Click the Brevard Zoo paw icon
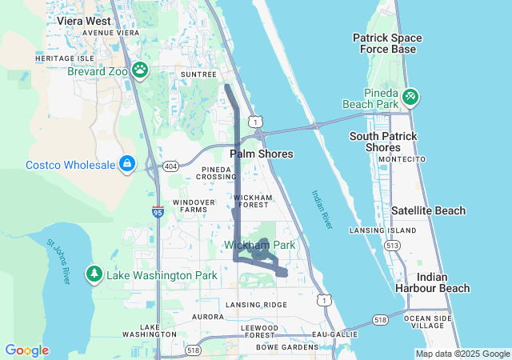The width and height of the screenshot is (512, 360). (x=141, y=70)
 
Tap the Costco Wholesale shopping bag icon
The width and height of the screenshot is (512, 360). (x=127, y=164)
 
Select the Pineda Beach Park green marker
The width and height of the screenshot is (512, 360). (x=410, y=97)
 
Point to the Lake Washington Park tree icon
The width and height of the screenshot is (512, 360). (x=94, y=274)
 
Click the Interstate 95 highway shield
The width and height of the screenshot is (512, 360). (x=158, y=211)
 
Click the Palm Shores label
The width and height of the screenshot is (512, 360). (x=262, y=154)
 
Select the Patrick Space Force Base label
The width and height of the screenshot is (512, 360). (x=385, y=43)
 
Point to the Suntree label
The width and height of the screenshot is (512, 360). (x=198, y=74)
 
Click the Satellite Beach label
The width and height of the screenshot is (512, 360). (x=428, y=210)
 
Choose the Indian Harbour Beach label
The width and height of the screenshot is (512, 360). (x=443, y=282)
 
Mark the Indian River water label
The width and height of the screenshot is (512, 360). (x=322, y=210)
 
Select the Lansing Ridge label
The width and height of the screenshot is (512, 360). (x=256, y=305)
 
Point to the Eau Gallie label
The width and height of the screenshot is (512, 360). (x=333, y=333)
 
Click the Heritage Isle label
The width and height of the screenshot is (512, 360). (x=65, y=58)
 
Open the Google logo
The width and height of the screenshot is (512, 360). (x=26, y=350)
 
